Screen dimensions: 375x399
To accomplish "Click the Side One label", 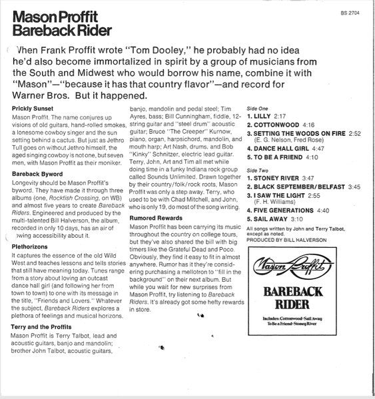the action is pos(256,108).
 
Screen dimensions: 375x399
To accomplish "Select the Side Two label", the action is pos(256,171).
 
